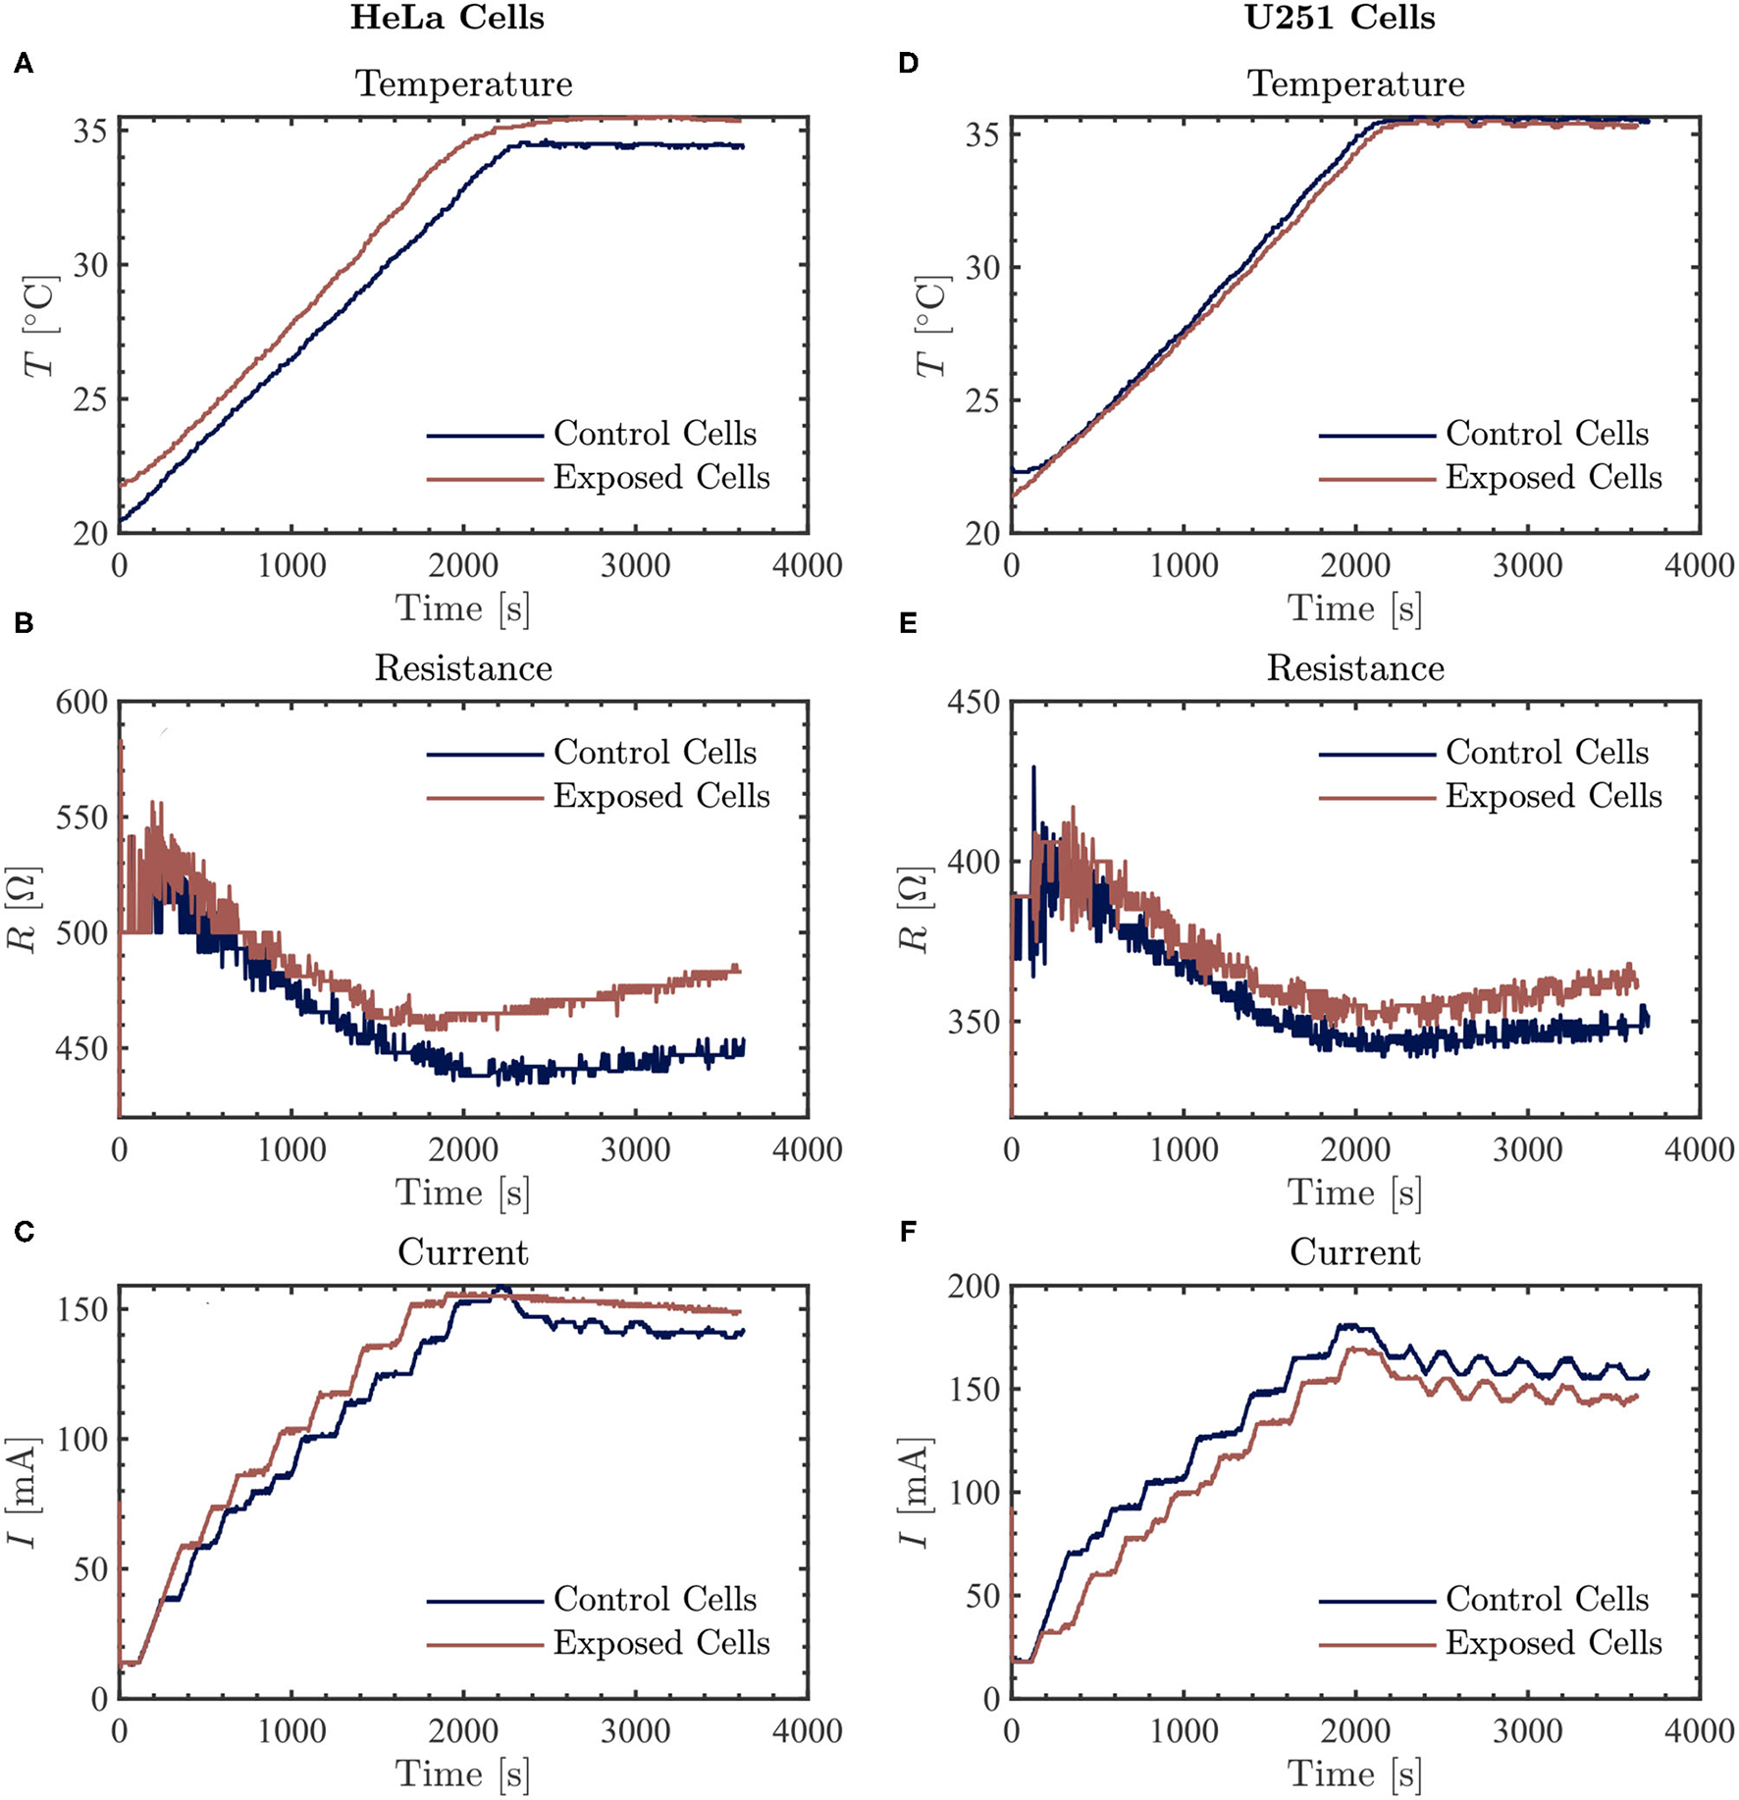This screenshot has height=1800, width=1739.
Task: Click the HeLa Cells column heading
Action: click(x=447, y=18)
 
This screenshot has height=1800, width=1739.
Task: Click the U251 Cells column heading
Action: click(x=1340, y=18)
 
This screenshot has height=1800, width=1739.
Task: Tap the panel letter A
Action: click(x=24, y=65)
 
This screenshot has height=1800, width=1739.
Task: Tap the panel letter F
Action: click(x=908, y=1231)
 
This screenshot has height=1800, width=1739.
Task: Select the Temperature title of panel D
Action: click(x=1355, y=84)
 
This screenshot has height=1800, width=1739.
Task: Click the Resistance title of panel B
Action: click(x=463, y=668)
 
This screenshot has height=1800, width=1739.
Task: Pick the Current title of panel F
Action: click(x=1355, y=1252)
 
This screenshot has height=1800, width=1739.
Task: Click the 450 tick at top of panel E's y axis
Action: click(x=974, y=703)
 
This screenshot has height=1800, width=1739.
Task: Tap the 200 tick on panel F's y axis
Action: click(x=974, y=1287)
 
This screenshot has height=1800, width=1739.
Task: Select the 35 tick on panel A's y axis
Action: click(x=91, y=132)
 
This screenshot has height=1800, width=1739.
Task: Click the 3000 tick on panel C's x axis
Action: click(x=635, y=1730)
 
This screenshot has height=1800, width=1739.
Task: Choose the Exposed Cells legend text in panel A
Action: click(x=661, y=478)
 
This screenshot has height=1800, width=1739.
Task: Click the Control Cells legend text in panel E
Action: click(x=1547, y=753)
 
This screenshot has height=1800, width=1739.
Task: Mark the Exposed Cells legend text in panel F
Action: click(x=1554, y=1643)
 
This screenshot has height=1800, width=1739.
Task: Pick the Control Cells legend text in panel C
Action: click(x=655, y=1599)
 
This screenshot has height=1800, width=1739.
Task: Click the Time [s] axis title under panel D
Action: click(x=1355, y=609)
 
